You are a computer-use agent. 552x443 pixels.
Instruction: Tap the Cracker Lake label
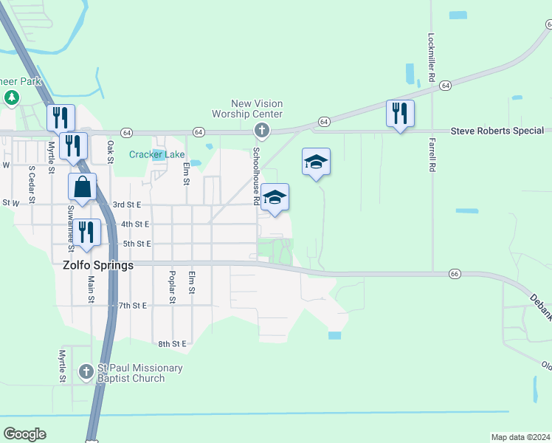[x=157, y=154]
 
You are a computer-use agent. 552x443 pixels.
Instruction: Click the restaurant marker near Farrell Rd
[x=399, y=114]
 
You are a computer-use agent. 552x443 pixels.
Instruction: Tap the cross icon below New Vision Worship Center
[x=261, y=131]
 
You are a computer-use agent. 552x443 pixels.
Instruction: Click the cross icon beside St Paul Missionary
[x=86, y=371]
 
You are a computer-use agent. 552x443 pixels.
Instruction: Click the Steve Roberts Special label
[x=497, y=131]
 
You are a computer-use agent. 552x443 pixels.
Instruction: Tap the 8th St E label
[x=173, y=344]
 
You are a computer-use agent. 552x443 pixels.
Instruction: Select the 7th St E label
[x=133, y=305]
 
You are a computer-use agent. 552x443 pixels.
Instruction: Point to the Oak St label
[x=111, y=152]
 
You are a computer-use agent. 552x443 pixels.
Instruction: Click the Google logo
[x=24, y=434]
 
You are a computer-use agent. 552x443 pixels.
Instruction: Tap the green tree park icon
[x=12, y=97]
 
